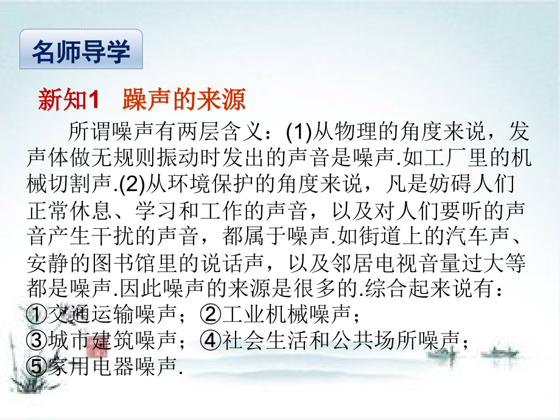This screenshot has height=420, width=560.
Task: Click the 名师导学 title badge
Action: point(81,52)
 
